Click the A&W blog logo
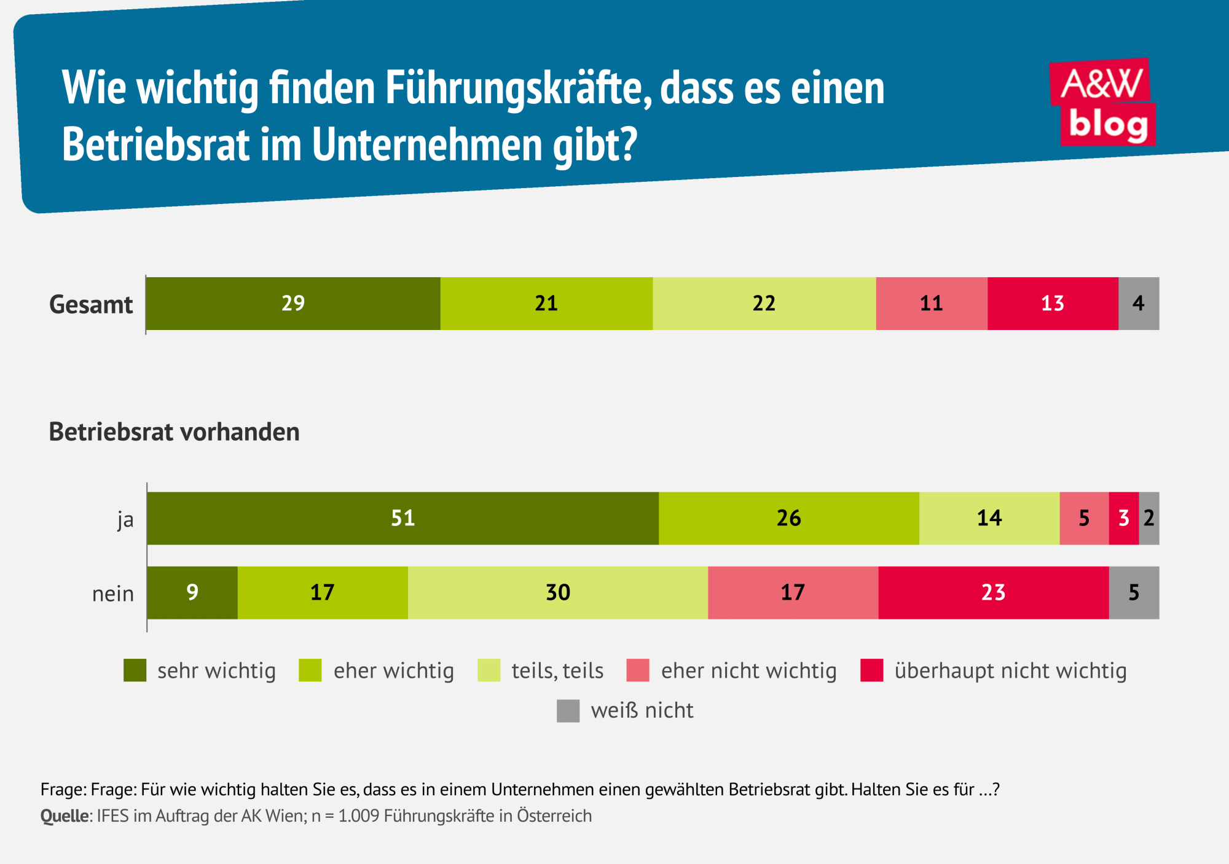coord(1103,103)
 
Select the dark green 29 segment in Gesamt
coord(293,304)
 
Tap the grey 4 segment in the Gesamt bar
coord(1139,304)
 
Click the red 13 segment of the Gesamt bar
coord(1053,304)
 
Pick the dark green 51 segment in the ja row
coord(403,518)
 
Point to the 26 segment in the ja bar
coord(789,518)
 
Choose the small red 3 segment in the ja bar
coord(1124,518)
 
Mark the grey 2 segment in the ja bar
coord(1149,518)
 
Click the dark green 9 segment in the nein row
coord(192,592)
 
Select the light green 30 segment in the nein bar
coord(558,592)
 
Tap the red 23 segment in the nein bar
coord(994,592)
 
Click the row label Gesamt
coord(91,305)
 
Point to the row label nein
coord(113,594)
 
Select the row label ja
coord(125,520)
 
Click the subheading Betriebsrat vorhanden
coord(174,432)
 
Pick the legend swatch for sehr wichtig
coord(135,670)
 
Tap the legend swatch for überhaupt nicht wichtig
coord(872,670)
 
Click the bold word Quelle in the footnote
coord(65,816)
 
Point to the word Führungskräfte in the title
coord(518,88)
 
